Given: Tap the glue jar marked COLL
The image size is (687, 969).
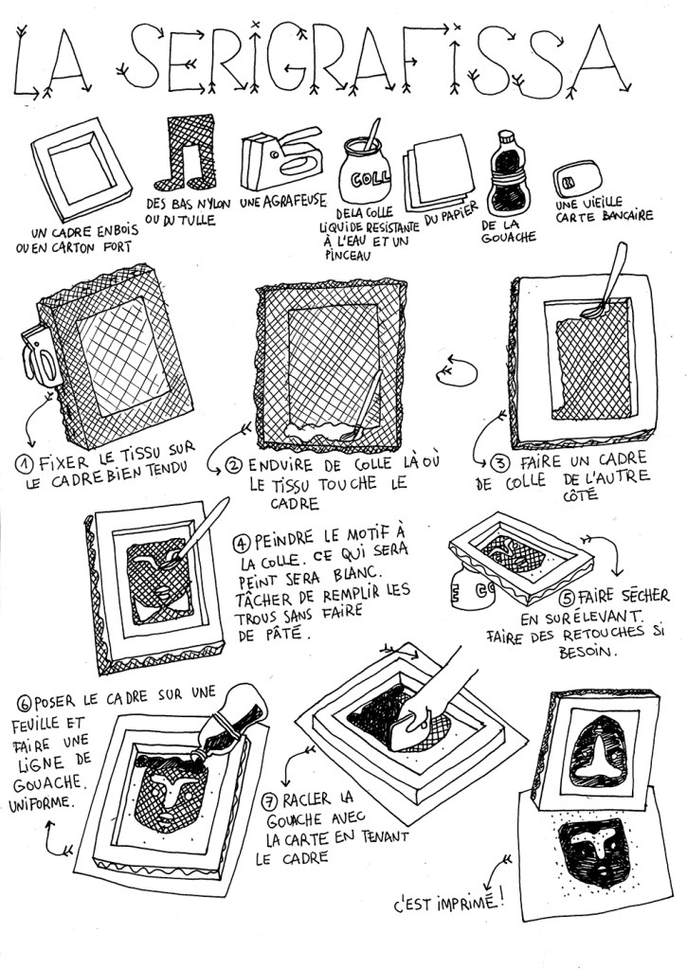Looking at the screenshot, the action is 364,170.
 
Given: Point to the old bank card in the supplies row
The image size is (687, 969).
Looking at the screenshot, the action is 577,178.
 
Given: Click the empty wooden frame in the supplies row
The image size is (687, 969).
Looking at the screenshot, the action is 81,169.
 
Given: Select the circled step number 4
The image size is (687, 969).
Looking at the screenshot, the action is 241,543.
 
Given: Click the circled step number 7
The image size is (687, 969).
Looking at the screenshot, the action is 269,802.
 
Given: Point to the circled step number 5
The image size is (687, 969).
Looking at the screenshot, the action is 567,598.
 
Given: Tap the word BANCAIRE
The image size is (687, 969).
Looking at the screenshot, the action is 625,216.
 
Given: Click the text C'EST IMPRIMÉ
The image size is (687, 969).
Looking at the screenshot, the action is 448,903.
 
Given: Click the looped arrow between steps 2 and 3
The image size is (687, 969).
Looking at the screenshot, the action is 457,371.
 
